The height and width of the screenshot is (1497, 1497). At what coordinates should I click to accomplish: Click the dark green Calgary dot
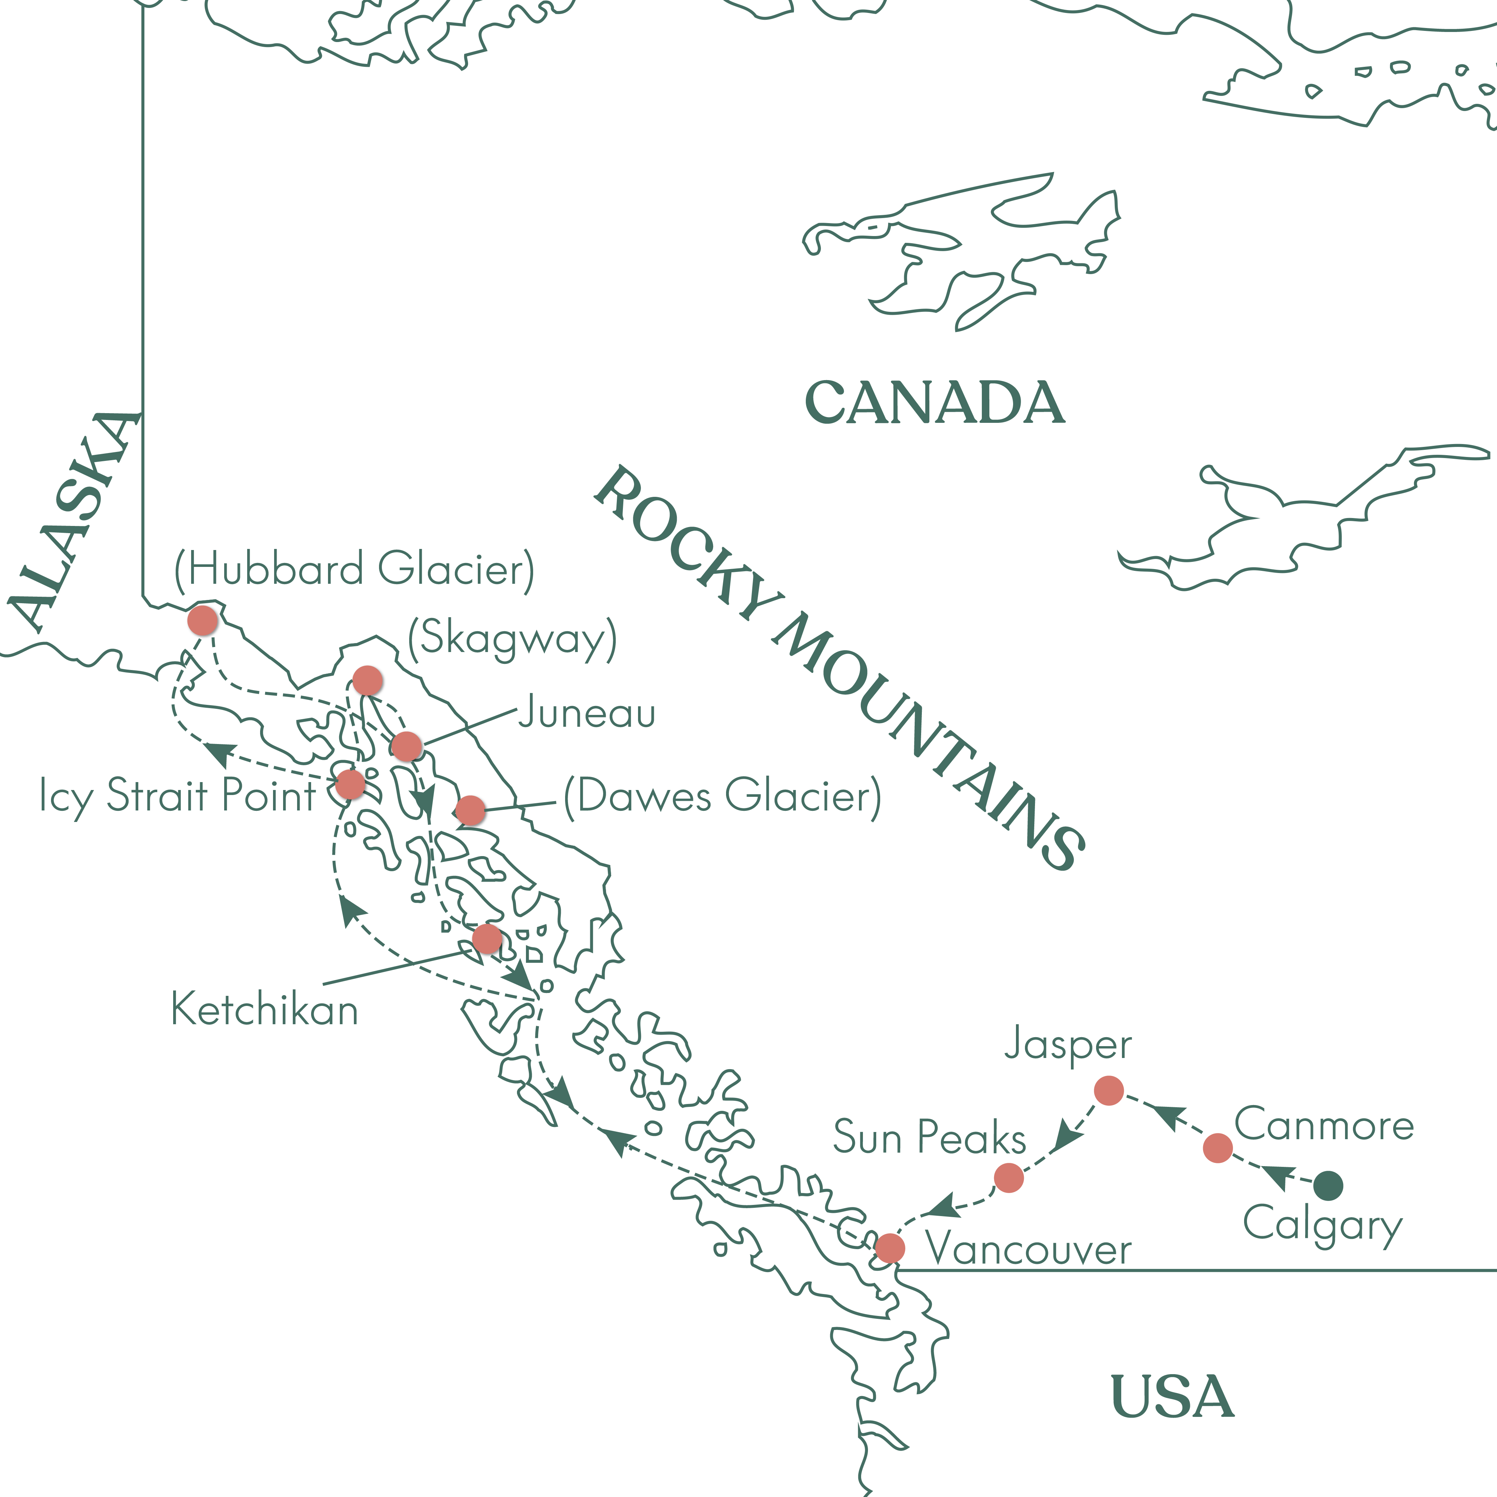click(1328, 1186)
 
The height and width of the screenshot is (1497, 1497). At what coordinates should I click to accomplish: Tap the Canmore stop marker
click(1218, 1147)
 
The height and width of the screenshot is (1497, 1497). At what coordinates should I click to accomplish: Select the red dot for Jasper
click(1109, 1090)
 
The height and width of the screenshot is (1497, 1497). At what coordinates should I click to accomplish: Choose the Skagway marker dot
click(367, 680)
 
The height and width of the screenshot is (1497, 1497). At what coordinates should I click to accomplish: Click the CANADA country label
click(935, 403)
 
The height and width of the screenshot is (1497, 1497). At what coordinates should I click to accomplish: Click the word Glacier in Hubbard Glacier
click(456, 569)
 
